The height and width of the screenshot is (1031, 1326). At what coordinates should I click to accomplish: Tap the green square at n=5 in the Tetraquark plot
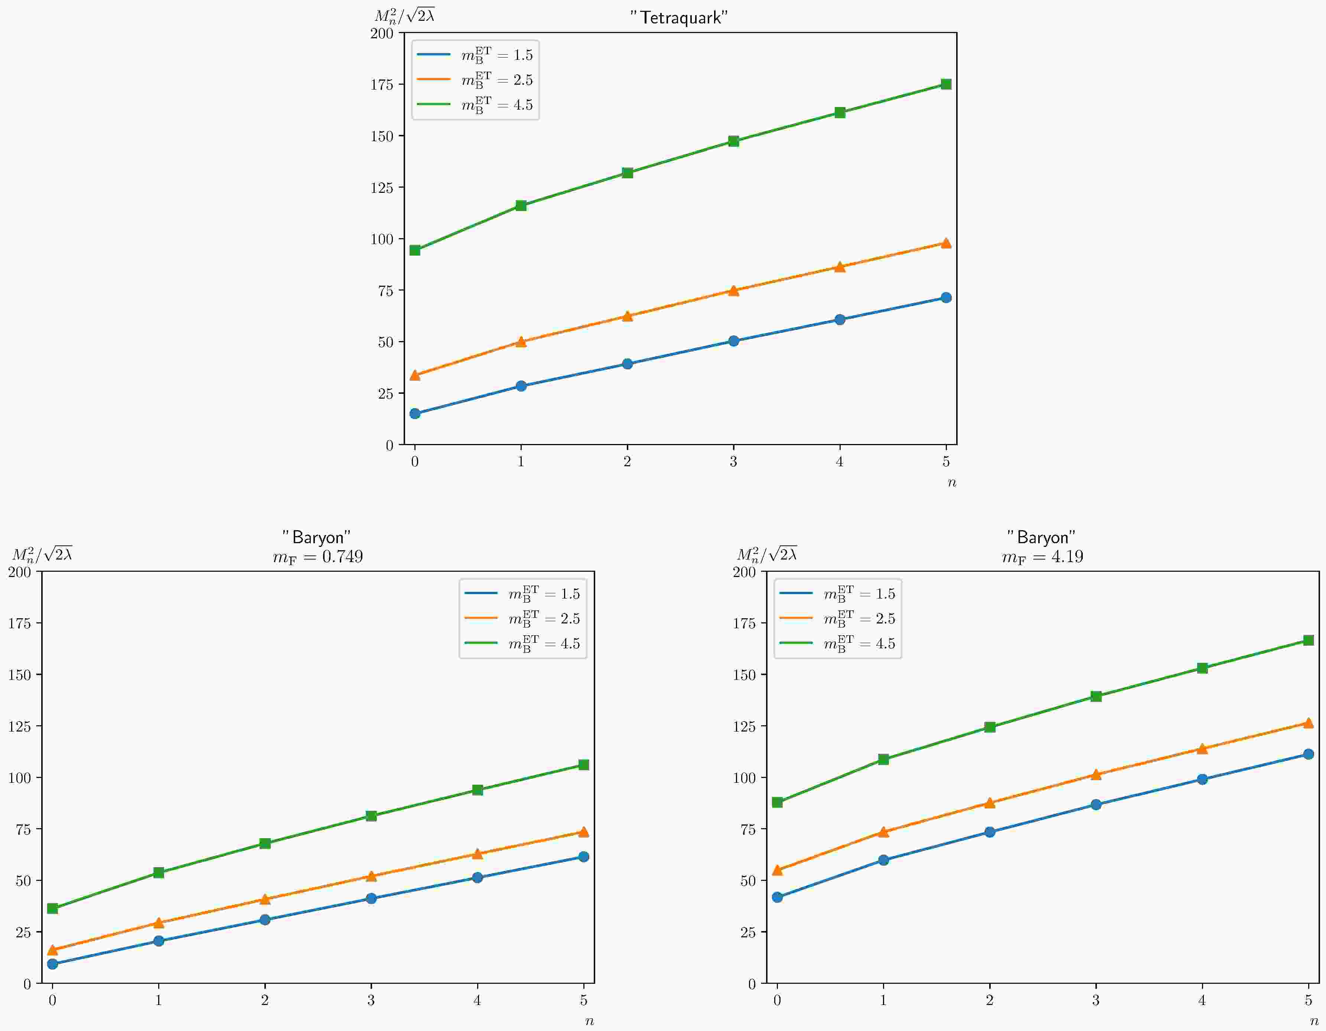[946, 84]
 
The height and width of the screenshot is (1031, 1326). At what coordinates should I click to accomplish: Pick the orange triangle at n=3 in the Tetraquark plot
[733, 291]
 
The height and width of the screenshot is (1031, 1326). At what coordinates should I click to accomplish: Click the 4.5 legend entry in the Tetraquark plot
[496, 104]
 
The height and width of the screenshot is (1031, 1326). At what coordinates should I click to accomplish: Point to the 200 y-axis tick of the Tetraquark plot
[382, 33]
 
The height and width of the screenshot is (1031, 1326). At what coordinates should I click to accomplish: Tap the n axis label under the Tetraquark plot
[951, 482]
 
